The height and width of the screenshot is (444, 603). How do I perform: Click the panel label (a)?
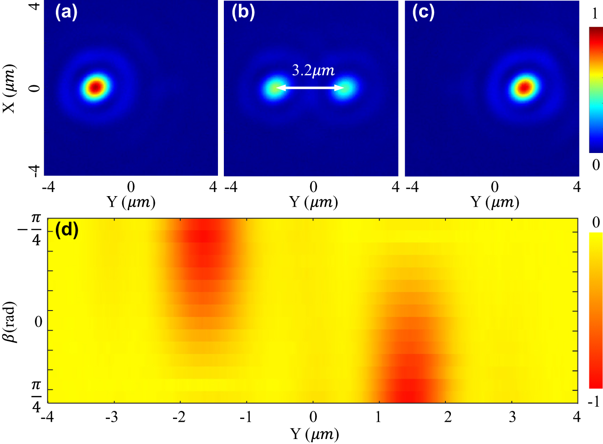(66, 12)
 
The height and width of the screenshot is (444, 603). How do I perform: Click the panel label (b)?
(243, 12)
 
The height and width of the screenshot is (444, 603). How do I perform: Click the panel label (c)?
(423, 12)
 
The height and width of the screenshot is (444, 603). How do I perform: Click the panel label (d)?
(67, 230)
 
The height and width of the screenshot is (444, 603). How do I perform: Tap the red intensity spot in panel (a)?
(95, 87)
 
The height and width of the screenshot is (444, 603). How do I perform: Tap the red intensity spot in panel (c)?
(524, 87)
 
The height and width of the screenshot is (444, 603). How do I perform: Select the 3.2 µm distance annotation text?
(313, 70)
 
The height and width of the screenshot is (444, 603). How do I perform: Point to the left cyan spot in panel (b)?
(273, 88)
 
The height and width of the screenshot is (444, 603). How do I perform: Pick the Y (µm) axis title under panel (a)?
(131, 202)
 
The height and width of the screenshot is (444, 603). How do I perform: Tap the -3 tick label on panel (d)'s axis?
(112, 417)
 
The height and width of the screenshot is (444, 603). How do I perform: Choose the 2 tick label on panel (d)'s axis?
(448, 417)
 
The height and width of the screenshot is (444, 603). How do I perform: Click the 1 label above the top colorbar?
(595, 15)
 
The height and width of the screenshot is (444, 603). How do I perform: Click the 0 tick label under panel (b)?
(313, 187)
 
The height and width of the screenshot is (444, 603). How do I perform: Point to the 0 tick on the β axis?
(38, 322)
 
